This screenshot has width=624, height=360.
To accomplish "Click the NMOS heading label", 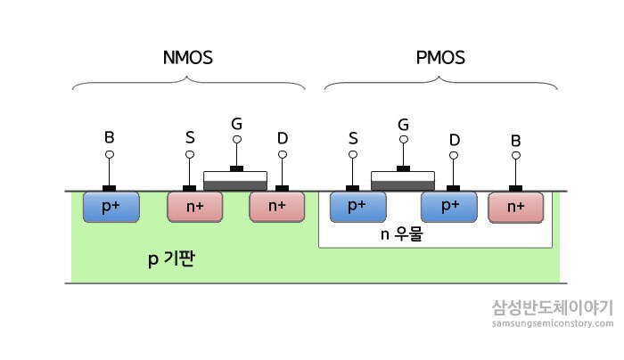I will pos(187,60).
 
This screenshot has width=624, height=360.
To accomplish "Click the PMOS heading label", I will pos(440,60).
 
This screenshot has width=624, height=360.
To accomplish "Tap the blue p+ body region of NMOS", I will pos(109,206).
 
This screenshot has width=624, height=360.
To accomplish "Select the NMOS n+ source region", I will pos(194,206).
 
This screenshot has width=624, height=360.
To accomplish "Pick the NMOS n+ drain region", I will pos(277,206).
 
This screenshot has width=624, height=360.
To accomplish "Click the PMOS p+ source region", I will pos(357,206).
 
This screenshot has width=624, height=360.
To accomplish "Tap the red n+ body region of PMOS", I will pos(515,206).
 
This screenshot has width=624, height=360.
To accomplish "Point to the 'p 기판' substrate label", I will pos(171,259).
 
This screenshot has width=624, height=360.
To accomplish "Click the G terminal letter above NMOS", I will pos(236,124).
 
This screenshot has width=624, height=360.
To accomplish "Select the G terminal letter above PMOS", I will pos(403,124).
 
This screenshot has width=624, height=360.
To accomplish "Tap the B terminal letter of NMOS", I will pos(109,138).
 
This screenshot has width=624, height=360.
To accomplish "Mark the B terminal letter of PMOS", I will pos(515,140).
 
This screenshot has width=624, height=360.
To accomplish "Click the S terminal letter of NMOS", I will pos(190,138).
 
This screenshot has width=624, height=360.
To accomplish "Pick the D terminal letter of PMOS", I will pos(455,140).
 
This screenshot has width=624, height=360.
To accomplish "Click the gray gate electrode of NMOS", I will pos(235,185).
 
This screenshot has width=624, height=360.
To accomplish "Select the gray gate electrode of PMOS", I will pos(403,185).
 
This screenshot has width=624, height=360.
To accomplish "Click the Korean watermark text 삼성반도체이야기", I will pos(553,307).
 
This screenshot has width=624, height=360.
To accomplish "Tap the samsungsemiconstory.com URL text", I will pos(553,323).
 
